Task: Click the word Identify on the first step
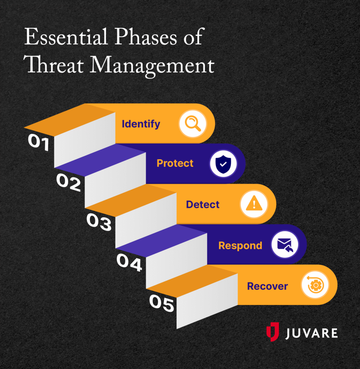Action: coord(141,124)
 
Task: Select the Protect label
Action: coord(175,163)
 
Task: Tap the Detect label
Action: coord(203,205)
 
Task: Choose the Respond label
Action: coord(240,246)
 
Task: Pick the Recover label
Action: coord(267,286)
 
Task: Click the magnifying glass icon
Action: coord(193,124)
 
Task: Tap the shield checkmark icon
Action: coord(223,164)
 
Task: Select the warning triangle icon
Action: coord(254,205)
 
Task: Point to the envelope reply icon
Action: coord(285,245)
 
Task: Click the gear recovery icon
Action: coord(315,286)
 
